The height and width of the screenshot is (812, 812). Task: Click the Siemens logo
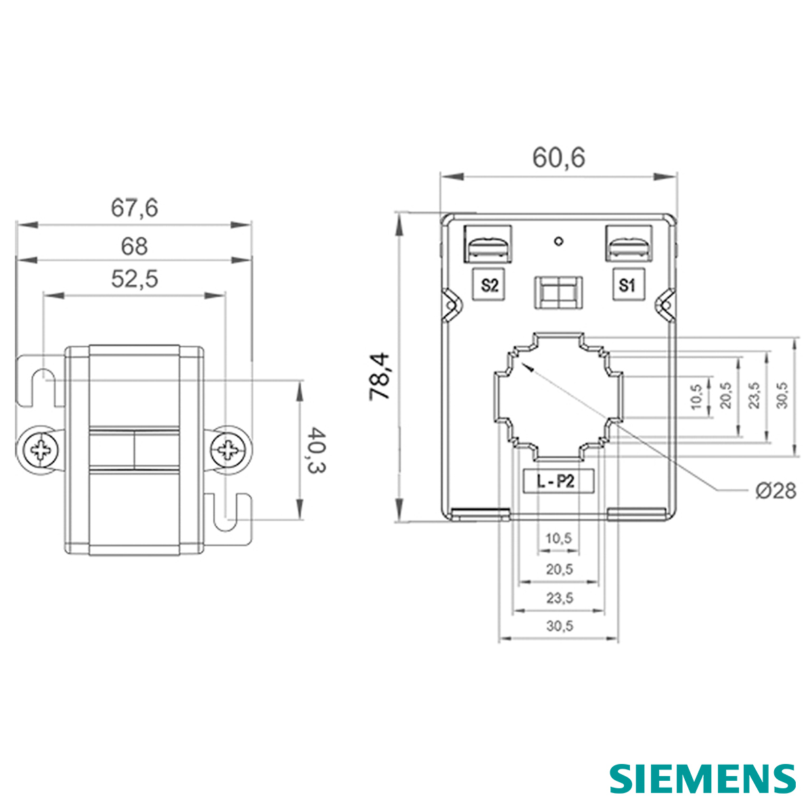(702, 778)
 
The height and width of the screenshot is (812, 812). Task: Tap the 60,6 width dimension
(558, 158)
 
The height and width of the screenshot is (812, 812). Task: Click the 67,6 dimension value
(134, 208)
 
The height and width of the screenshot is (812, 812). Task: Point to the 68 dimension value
(134, 246)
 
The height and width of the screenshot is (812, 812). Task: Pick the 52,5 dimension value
(134, 278)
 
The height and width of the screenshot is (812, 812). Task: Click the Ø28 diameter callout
(775, 491)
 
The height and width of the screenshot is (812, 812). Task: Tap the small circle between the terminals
(558, 242)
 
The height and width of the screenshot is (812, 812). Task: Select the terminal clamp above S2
(489, 245)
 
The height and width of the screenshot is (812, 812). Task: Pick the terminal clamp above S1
(627, 245)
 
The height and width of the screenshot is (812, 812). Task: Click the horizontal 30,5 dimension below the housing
(559, 627)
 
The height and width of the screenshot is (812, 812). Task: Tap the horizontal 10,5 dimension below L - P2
(559, 539)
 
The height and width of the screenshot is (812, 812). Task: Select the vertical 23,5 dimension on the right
(754, 395)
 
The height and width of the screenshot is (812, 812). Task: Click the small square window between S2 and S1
(558, 293)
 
